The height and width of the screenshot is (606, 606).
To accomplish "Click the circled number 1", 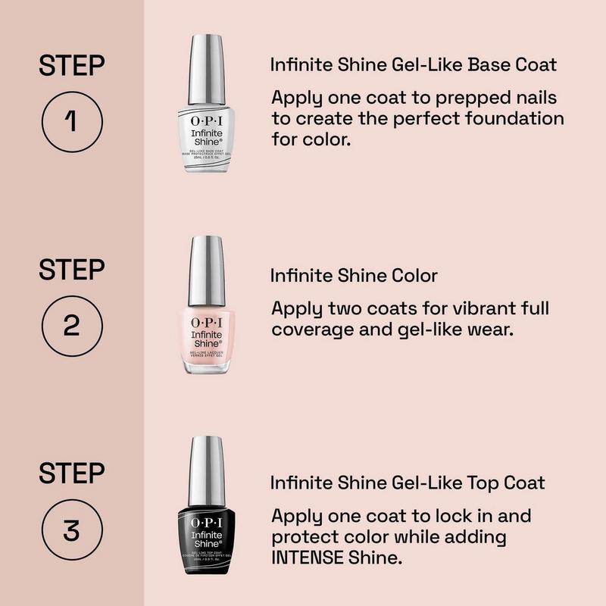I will point(71,120).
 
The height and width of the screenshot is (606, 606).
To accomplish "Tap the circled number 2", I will point(71,325).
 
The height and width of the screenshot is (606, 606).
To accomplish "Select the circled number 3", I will point(71,529).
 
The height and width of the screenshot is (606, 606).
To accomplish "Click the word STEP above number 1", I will point(71,66).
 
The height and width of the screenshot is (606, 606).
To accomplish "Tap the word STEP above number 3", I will point(71,474).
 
